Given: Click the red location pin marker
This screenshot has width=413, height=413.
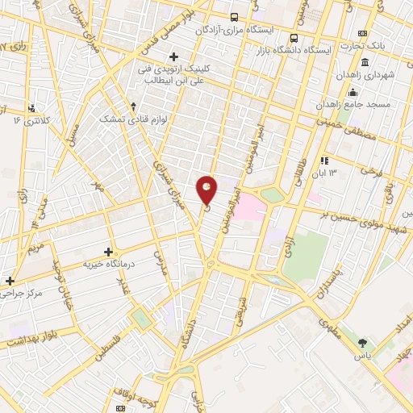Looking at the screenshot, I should (207, 190).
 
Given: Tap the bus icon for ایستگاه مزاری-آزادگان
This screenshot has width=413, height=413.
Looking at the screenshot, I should (234, 17).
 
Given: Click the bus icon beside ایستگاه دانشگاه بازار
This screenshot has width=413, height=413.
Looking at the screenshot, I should (294, 38).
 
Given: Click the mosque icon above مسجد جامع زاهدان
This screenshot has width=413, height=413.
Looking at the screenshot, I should (353, 92).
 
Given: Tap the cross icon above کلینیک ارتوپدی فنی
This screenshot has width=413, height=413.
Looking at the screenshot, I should (185, 56).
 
